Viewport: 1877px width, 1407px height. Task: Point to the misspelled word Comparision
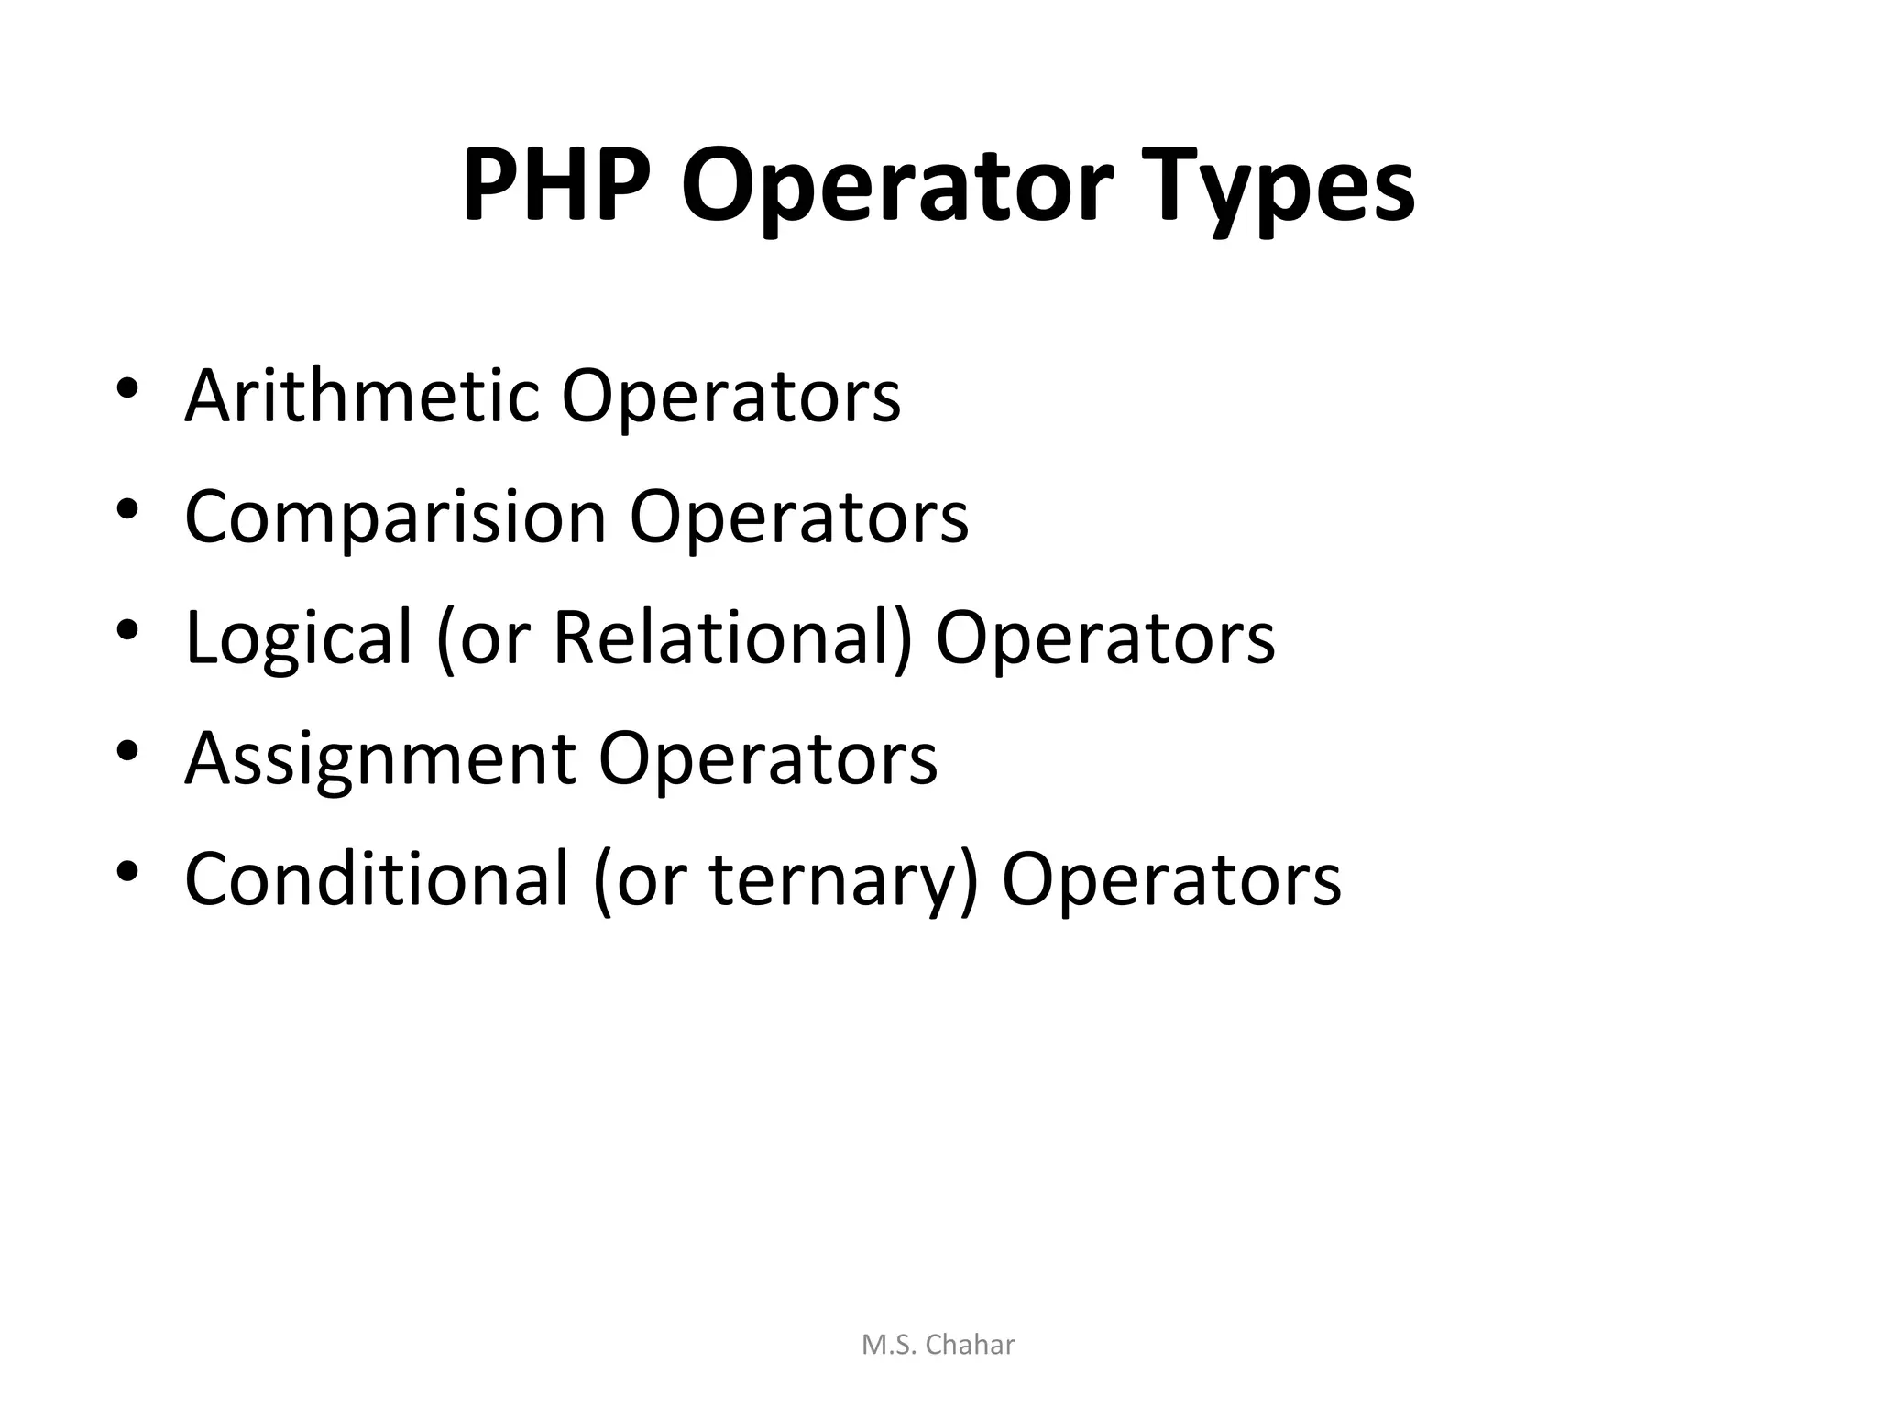395,518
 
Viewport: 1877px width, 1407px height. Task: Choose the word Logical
299,638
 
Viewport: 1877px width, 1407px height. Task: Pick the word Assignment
380,759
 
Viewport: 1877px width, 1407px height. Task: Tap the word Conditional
377,878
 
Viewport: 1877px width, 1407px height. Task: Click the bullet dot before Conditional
127,870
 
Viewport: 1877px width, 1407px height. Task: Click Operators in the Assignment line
768,759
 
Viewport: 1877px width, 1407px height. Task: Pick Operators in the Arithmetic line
730,397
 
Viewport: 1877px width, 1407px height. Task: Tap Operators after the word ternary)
1171,880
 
